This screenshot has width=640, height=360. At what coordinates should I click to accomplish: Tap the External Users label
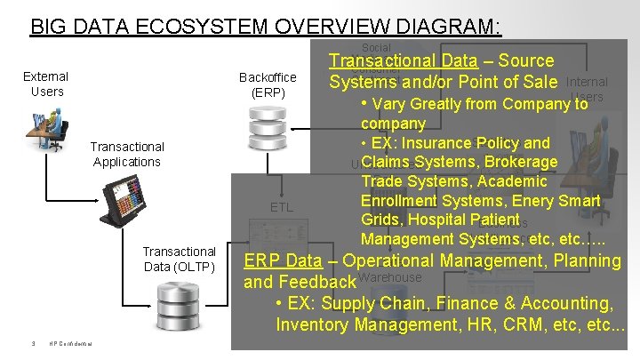45,84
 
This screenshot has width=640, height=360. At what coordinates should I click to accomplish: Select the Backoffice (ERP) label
268,84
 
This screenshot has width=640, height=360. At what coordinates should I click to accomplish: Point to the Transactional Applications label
127,154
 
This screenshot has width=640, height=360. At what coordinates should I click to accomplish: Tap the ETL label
281,207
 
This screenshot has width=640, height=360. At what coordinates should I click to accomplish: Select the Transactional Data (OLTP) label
179,259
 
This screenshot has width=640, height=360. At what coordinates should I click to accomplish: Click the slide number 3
31,346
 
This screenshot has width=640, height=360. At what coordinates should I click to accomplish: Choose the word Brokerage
520,162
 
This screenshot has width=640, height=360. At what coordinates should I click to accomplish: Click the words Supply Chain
352,304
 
